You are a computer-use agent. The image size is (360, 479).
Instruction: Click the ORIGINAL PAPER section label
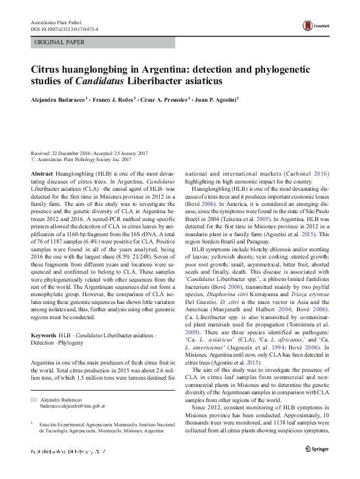pos(60,42)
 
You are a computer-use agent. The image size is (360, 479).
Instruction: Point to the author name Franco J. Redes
pos(114,99)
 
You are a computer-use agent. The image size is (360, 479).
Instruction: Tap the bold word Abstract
pos(41,173)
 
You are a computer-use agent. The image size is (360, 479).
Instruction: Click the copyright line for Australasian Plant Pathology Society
pos(82,160)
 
